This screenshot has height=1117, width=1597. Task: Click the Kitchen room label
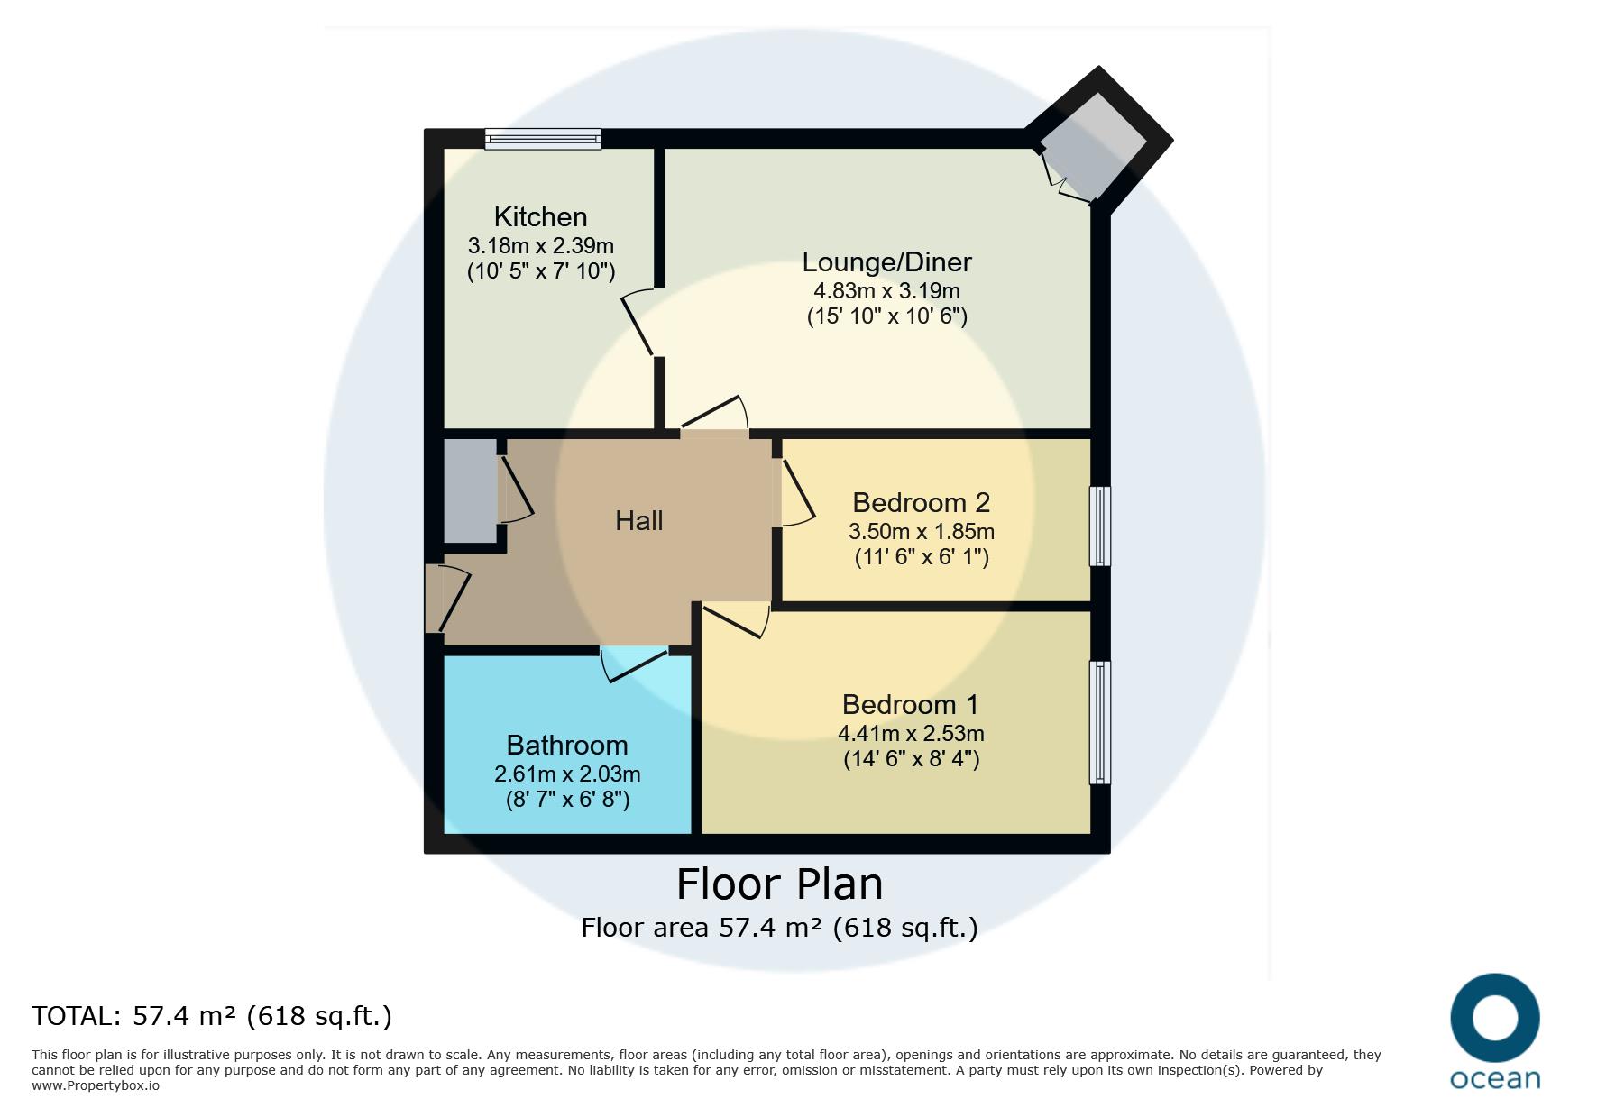tap(540, 217)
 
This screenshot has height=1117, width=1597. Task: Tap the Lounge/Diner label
tap(887, 262)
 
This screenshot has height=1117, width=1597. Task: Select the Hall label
tap(639, 520)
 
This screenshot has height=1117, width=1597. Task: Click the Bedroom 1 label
tap(910, 704)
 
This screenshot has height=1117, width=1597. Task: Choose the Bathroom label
tap(567, 745)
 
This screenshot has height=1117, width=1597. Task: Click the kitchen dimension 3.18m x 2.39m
tap(541, 245)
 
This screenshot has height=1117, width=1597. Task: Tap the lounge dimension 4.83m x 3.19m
tap(887, 291)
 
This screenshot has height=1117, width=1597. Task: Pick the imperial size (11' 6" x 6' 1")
tap(922, 557)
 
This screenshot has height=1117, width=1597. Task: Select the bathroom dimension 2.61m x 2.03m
tap(567, 774)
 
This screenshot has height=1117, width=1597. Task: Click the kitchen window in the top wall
tap(543, 138)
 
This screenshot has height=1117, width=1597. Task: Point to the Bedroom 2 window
tap(1100, 526)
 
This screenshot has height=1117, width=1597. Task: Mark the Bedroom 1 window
tap(1100, 722)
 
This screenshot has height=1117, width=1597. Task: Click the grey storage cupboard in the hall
tap(470, 491)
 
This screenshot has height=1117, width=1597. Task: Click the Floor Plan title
tap(780, 884)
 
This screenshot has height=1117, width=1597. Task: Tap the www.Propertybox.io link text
tap(96, 1085)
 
